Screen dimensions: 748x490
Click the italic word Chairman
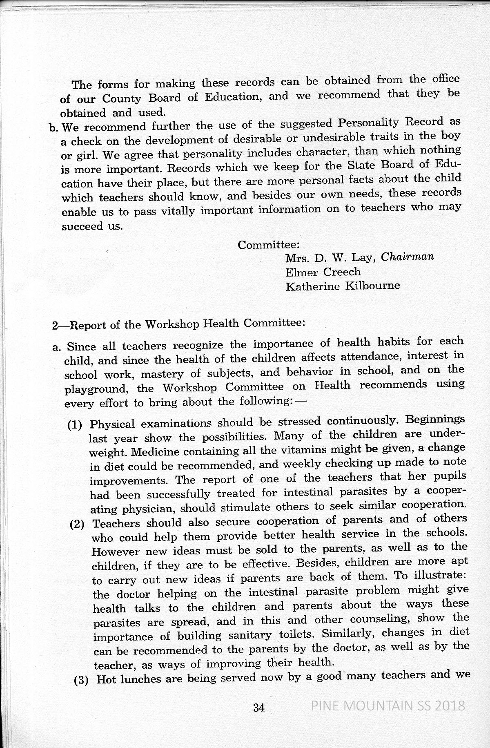(407, 257)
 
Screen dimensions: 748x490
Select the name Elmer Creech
(323, 272)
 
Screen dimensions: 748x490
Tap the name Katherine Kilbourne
(343, 286)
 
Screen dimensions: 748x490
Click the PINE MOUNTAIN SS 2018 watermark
(388, 706)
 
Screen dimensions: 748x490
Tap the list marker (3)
(82, 681)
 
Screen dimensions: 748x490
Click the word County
(121, 98)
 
